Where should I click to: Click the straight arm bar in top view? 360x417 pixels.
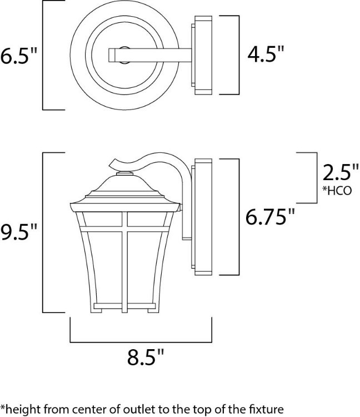(x=150, y=55)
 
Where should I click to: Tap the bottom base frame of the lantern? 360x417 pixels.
(x=124, y=305)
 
